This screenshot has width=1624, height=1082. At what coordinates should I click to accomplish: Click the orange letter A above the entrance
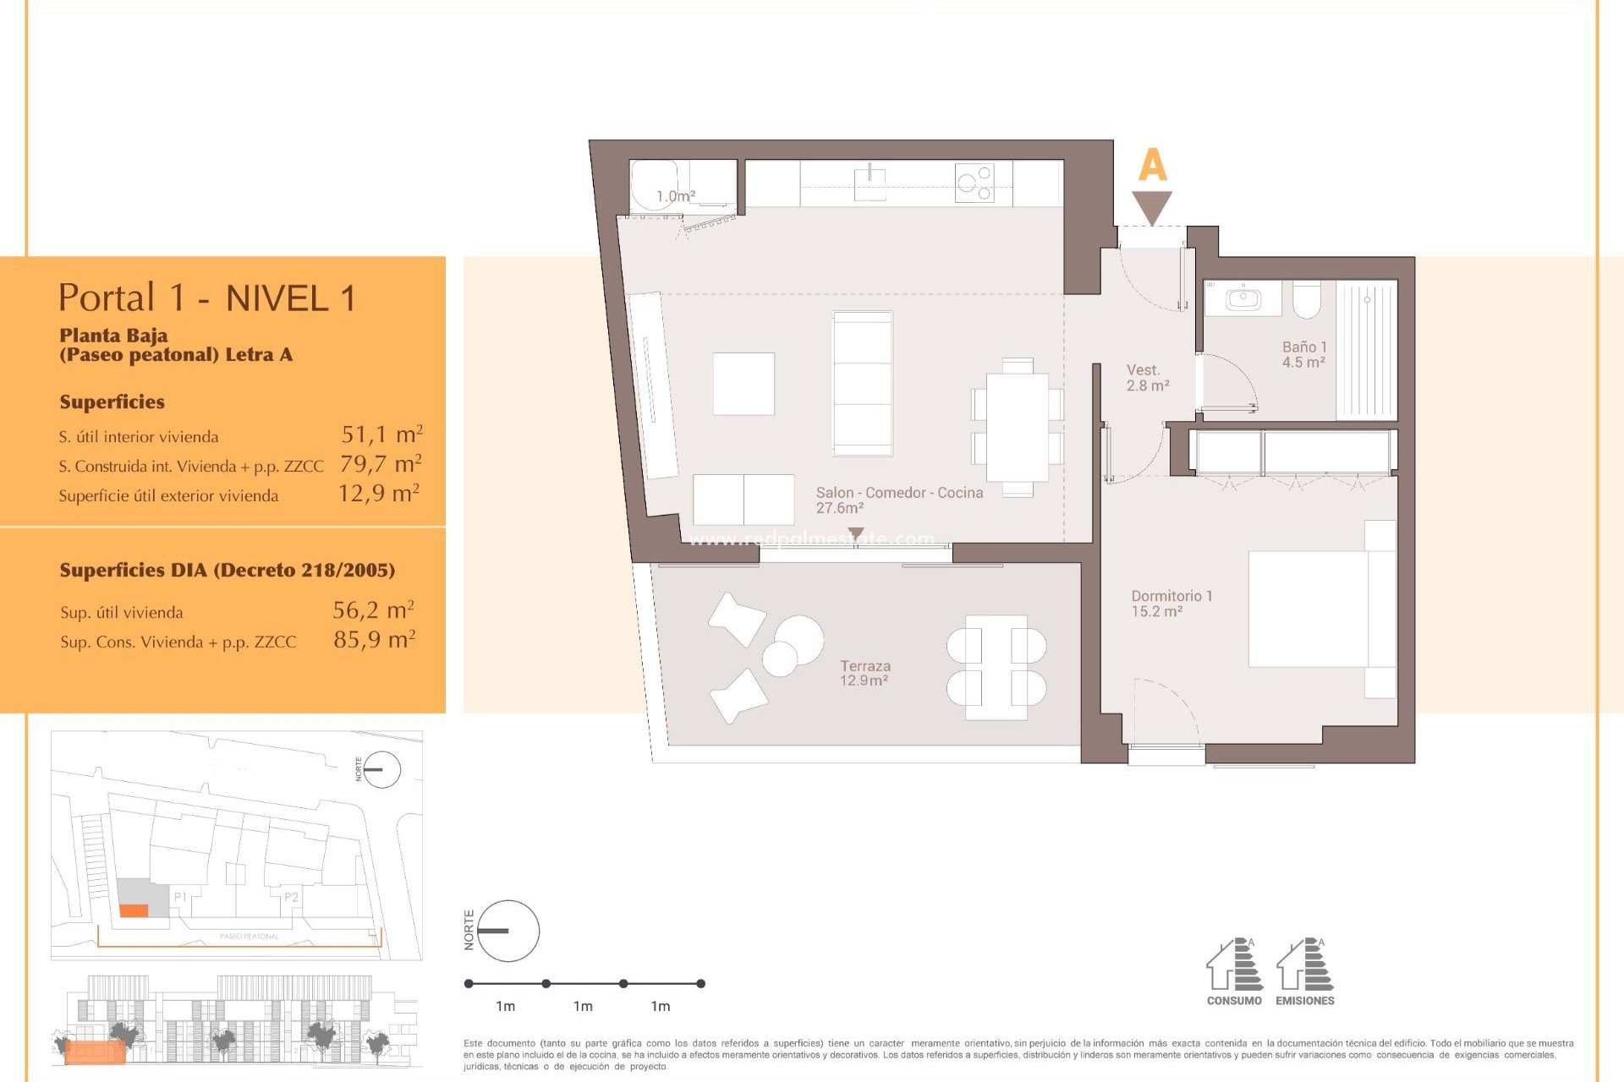pos(1152,166)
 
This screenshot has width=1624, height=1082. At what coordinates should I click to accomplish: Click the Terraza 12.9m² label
pos(864,673)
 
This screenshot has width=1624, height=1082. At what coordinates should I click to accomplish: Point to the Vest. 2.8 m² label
pos(1147,378)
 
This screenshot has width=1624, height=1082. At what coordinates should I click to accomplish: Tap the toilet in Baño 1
pos(1306,299)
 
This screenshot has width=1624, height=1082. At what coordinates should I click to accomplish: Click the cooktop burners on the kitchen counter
pos(974,183)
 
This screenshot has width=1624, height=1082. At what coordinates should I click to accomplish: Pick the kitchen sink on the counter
pos(870,183)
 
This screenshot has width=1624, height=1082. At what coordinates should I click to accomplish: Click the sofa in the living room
pos(862,383)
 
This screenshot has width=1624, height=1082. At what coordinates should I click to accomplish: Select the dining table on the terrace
pos(996,667)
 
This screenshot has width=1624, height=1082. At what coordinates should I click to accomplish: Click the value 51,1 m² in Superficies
pos(381,434)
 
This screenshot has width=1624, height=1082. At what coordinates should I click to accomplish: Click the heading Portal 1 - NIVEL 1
pos(207,298)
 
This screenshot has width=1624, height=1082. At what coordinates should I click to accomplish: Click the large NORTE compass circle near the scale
pos(508,931)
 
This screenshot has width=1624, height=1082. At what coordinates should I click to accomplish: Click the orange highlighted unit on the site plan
pos(134,910)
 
